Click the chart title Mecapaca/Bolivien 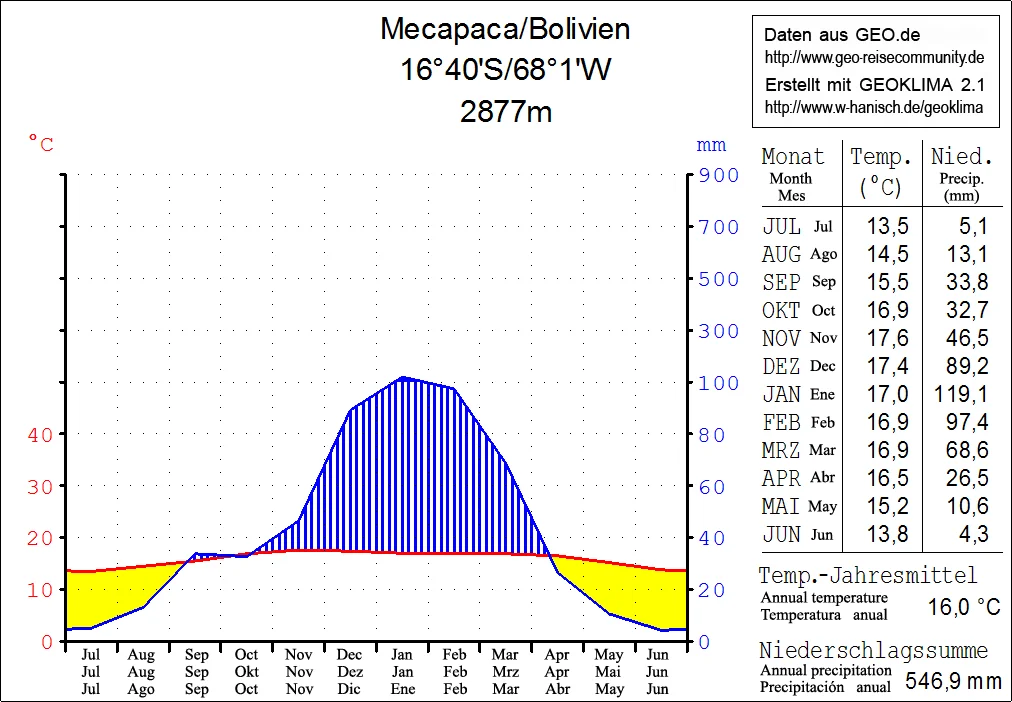tap(505, 29)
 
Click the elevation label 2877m tap(506, 111)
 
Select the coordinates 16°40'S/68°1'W tap(505, 70)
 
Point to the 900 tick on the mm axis tap(718, 175)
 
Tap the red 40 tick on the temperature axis tap(40, 434)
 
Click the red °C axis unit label tap(41, 145)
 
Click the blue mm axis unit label tap(711, 145)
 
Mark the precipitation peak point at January tap(402, 378)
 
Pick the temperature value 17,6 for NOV tap(881, 338)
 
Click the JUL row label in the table tap(781, 226)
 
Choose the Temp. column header tap(881, 156)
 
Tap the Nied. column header tap(961, 156)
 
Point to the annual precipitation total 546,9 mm tap(952, 682)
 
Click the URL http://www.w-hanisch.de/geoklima tap(873, 107)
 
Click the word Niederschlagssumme tap(872, 651)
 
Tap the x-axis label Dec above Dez tap(350, 655)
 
